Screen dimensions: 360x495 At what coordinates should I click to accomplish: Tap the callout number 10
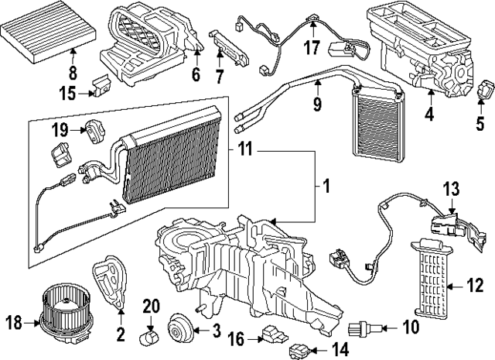tap(409, 328)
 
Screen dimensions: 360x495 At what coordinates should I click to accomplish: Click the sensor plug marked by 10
tap(366, 329)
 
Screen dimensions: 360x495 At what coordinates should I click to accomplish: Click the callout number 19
tap(60, 129)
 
